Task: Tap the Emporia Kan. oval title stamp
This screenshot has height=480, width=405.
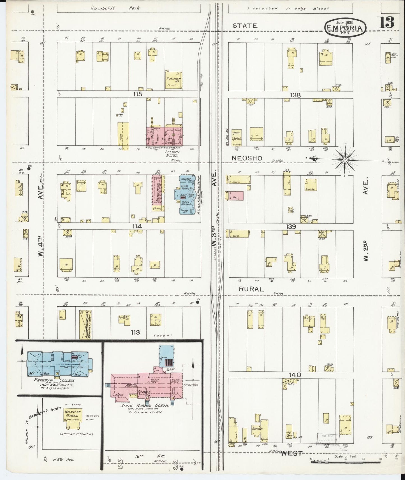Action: [x=345, y=27]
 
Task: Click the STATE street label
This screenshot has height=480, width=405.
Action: [x=245, y=26]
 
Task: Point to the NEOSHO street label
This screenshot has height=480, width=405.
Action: [x=247, y=158]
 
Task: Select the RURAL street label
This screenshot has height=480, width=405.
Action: [x=251, y=289]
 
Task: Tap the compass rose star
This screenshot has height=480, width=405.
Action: [x=345, y=159]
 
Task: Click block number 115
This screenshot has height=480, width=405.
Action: [x=138, y=94]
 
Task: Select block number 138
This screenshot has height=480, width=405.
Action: [x=295, y=95]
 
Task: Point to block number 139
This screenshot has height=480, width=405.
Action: [x=291, y=227]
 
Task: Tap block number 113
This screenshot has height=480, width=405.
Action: [x=135, y=332]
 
